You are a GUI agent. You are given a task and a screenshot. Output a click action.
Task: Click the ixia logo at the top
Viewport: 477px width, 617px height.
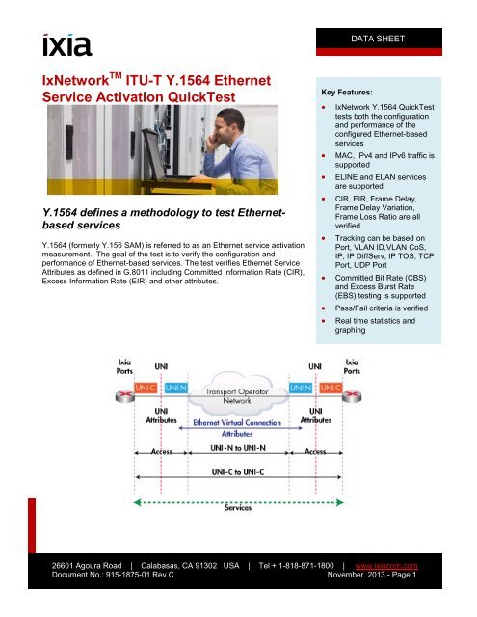(66, 45)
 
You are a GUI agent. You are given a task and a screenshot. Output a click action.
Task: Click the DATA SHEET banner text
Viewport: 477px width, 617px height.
(378, 39)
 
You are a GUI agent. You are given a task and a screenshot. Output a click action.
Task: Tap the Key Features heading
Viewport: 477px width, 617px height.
(347, 93)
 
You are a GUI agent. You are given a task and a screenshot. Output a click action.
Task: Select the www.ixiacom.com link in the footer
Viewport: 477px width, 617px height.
(386, 566)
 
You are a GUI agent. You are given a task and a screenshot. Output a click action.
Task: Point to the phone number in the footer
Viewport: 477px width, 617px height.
(296, 566)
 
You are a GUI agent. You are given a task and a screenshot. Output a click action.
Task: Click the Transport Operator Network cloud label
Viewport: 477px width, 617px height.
(237, 396)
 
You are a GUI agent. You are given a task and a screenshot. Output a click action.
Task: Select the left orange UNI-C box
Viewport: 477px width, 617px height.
(146, 388)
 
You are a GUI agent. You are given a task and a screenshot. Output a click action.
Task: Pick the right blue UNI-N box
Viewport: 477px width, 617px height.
(301, 388)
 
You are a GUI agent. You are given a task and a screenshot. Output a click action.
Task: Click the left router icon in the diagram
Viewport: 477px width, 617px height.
(125, 396)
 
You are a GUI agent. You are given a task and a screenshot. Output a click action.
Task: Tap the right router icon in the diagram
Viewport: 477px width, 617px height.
(352, 396)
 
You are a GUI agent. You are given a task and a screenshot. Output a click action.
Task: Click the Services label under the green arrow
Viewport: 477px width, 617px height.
(238, 508)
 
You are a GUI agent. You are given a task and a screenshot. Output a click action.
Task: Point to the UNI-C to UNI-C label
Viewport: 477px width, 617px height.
(238, 471)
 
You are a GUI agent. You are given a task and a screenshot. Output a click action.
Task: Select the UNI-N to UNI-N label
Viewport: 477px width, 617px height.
(238, 448)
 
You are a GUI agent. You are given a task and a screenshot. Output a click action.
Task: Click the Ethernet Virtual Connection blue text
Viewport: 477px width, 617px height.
(237, 423)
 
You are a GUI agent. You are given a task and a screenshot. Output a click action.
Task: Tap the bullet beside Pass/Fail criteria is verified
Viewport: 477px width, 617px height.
(323, 308)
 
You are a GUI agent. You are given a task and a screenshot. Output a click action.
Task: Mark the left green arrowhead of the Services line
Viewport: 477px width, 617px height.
(137, 502)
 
